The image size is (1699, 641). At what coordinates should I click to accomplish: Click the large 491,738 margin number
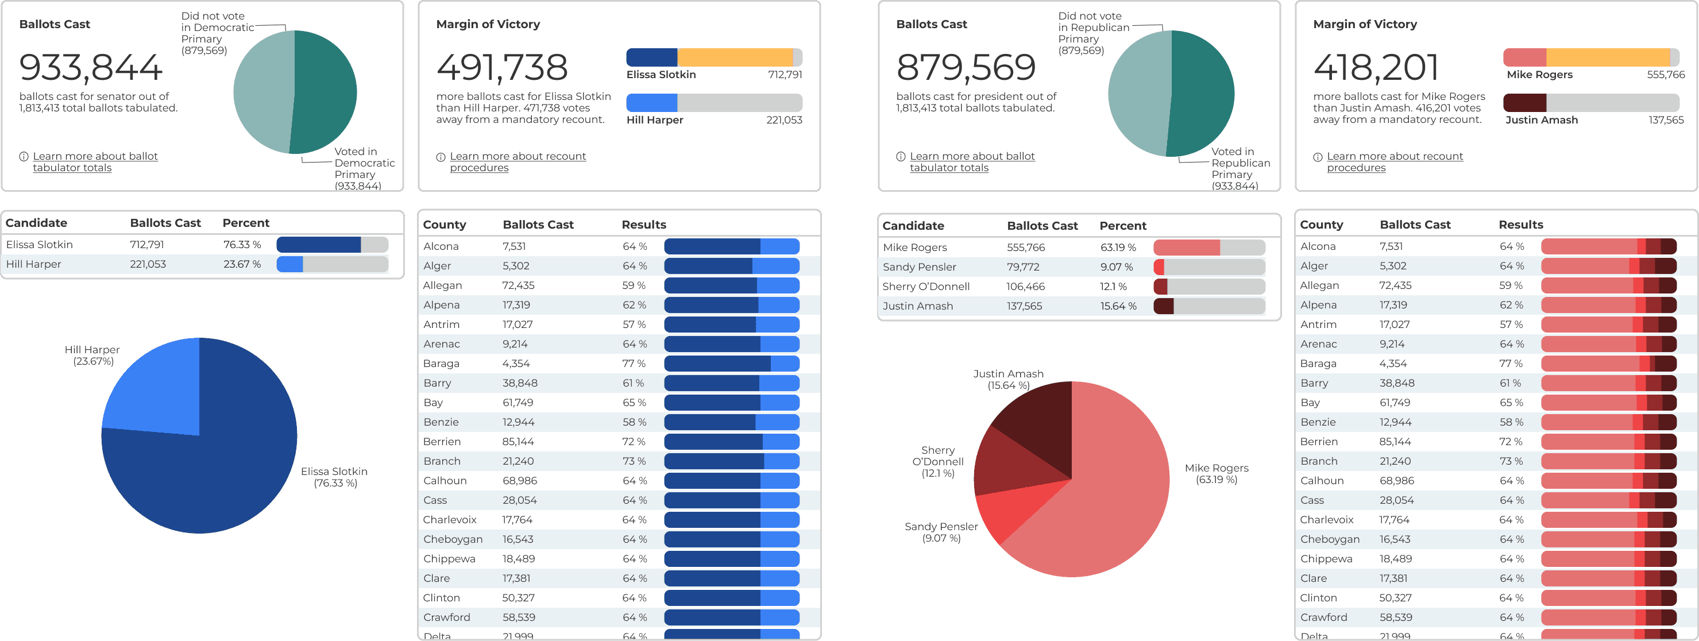(501, 67)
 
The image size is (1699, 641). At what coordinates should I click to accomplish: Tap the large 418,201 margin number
(1376, 67)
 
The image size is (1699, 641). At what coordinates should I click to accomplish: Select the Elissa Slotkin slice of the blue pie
(211, 475)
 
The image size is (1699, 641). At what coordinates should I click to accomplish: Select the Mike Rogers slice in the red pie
(1108, 501)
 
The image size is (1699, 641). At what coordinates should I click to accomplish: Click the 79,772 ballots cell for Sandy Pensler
(1023, 267)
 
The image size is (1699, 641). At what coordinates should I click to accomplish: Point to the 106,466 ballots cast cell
(1025, 286)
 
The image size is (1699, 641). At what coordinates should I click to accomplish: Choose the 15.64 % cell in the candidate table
(1117, 306)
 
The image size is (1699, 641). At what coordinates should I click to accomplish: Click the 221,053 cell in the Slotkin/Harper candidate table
(148, 264)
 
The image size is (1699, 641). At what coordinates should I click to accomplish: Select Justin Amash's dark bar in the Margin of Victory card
(1524, 102)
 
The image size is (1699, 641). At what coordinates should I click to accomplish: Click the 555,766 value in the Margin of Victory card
(1665, 75)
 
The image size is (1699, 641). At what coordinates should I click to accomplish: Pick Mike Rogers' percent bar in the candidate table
(1208, 248)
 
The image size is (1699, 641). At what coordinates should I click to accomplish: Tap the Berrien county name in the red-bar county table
(1319, 442)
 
